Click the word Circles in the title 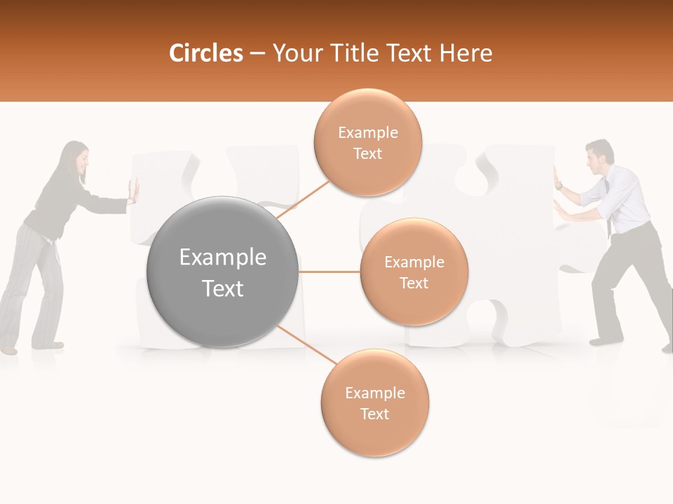pyautogui.click(x=205, y=53)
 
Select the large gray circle pyautogui.click(x=222, y=272)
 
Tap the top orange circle pyautogui.click(x=367, y=142)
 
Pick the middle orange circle pyautogui.click(x=414, y=272)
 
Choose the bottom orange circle pyautogui.click(x=374, y=402)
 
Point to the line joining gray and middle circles pyautogui.click(x=329, y=272)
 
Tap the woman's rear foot pyautogui.click(x=8, y=349)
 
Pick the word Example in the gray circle pyautogui.click(x=222, y=258)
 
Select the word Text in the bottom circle pyautogui.click(x=374, y=414)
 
